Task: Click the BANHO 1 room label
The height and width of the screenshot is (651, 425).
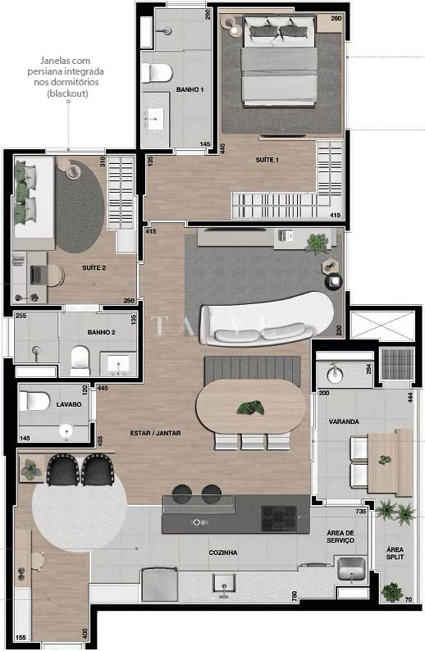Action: point(190,89)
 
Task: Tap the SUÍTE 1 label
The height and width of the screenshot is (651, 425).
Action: point(266,160)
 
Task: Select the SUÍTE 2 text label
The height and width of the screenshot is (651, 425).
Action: point(94,268)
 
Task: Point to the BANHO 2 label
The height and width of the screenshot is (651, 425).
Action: point(101,333)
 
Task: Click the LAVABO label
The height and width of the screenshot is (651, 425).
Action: point(69,405)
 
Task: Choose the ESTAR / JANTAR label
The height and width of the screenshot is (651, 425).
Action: point(155,433)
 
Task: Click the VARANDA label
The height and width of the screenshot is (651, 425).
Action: point(344,421)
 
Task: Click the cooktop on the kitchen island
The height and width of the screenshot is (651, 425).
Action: point(278,516)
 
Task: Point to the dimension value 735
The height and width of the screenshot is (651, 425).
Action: point(336,511)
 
